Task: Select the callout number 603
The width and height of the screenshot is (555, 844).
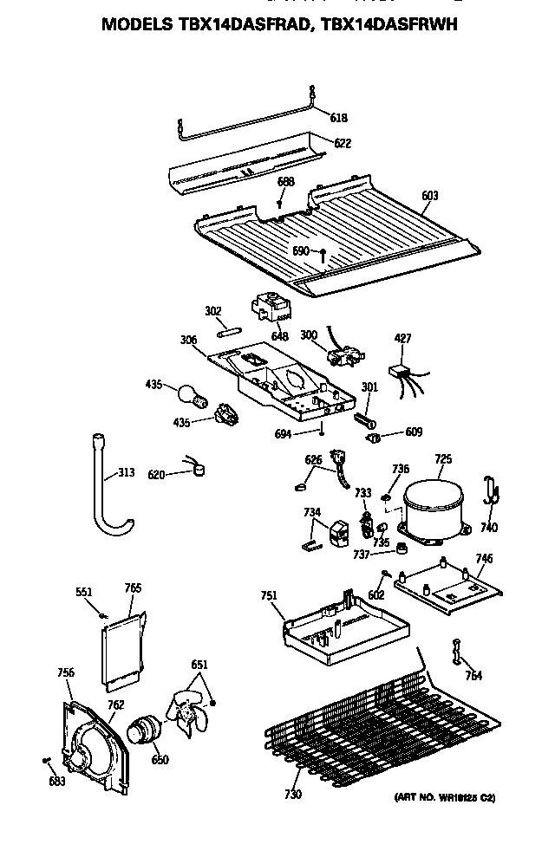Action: point(429,196)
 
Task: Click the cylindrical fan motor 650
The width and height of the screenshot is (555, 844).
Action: point(143,730)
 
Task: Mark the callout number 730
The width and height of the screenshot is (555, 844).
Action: point(293,794)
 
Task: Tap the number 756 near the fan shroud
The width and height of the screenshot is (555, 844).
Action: point(65,672)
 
